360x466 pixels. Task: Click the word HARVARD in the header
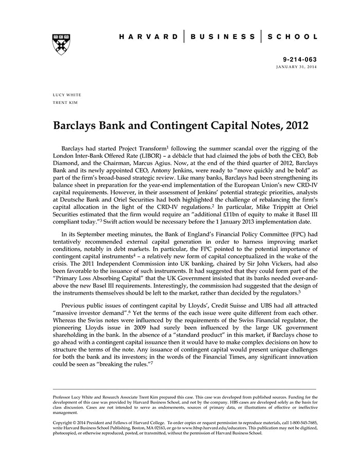148,37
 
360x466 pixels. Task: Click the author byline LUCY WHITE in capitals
67,95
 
